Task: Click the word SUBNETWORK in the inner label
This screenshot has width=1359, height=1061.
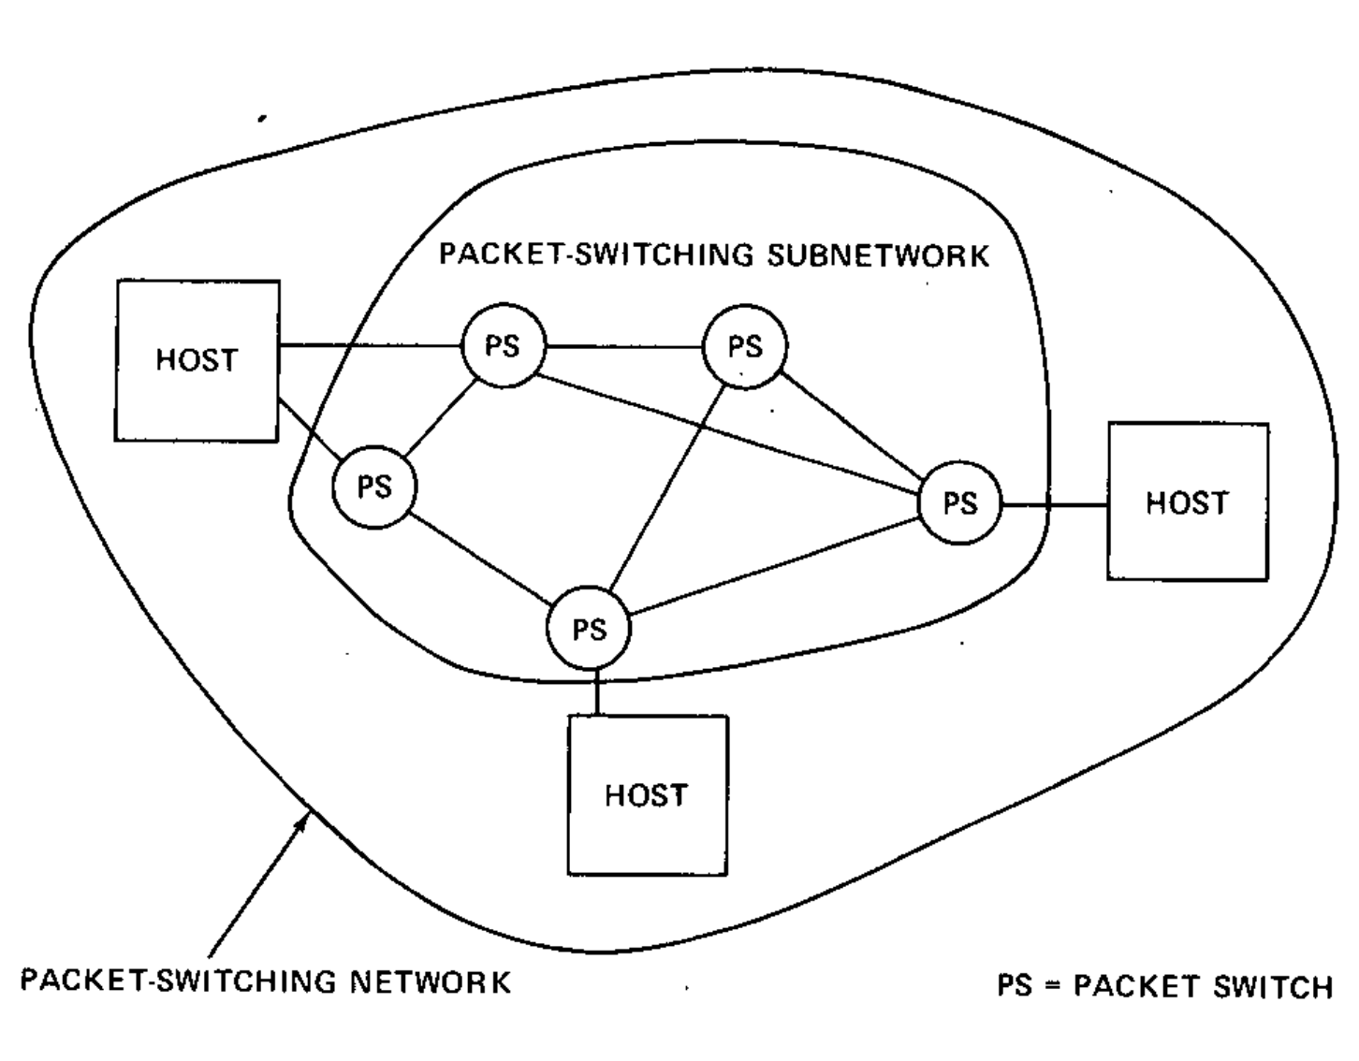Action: (x=878, y=255)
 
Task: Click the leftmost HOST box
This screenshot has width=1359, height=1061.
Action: (x=197, y=360)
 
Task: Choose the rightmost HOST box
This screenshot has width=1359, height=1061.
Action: (x=1187, y=502)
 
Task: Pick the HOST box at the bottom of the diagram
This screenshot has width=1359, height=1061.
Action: (x=647, y=795)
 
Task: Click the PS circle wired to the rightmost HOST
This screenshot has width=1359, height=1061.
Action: (x=959, y=503)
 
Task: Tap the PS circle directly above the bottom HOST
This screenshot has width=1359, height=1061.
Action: (x=589, y=629)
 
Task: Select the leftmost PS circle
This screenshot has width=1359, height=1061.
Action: (x=374, y=487)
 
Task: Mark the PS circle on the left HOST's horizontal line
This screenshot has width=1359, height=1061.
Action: (x=503, y=346)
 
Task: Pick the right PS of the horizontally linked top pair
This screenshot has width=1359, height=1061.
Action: (x=745, y=346)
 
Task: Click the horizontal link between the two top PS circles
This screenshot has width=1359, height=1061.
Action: (x=624, y=347)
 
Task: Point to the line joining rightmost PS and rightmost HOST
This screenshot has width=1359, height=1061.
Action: (x=1054, y=505)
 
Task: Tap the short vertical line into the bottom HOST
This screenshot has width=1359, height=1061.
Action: (x=596, y=693)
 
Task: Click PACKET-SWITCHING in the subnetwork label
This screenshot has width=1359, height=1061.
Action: (x=596, y=254)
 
